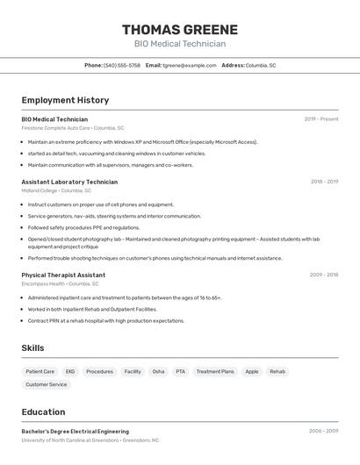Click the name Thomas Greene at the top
pos(180,30)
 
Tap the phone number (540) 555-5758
pos(122,65)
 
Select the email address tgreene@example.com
pos(190,65)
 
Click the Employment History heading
pos(65,100)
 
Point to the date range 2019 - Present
pos(321,118)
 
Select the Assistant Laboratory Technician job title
pos(69,182)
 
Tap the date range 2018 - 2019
pos(324,182)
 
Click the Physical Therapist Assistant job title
pos(63,275)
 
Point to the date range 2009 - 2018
pos(324,275)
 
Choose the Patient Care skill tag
pos(40,371)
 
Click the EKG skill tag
pos(70,371)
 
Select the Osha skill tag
pos(158,371)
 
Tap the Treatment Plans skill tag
pos(215,371)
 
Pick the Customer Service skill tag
pos(47,384)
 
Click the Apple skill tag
pos(252,371)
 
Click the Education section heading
pos(43,411)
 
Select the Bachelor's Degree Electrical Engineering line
pos(75,431)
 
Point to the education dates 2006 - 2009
pos(323,431)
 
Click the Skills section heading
pos(32,348)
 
